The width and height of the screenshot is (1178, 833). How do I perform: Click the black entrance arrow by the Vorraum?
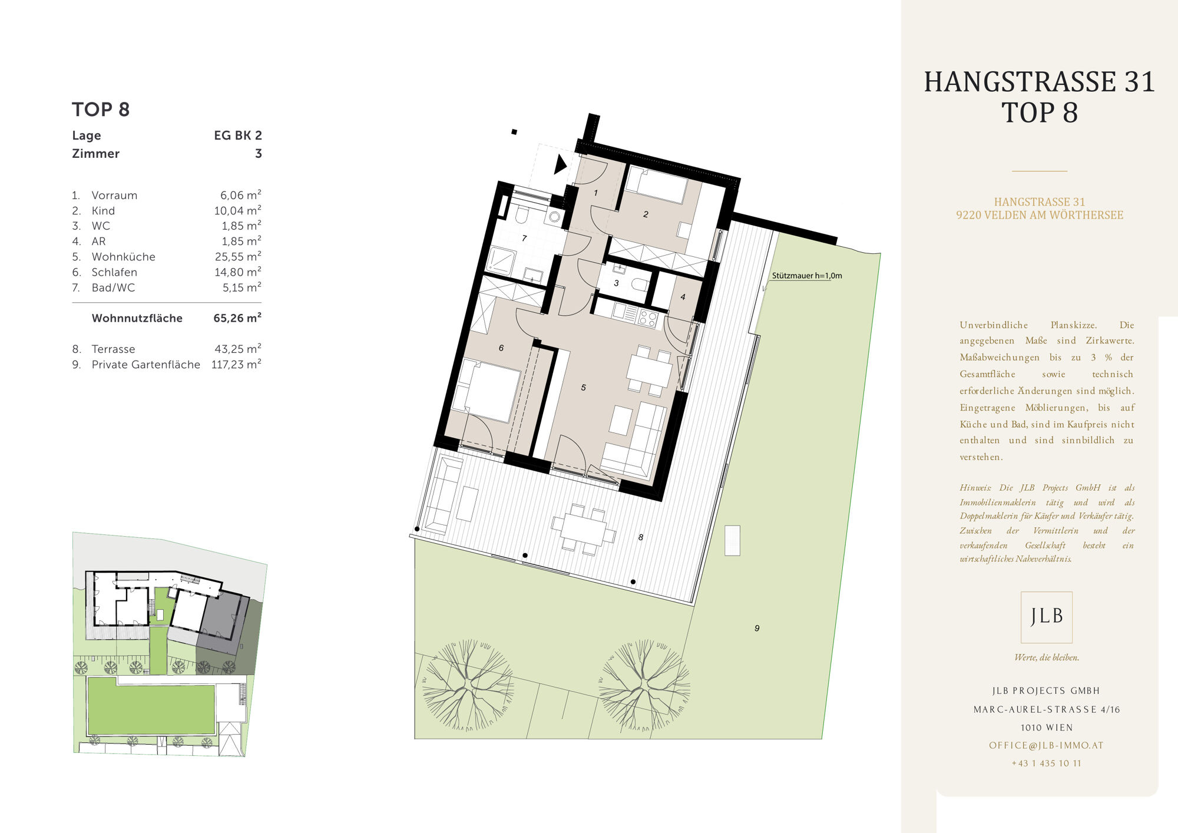[x=560, y=164]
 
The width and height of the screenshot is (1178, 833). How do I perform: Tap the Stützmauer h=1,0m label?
[x=807, y=275]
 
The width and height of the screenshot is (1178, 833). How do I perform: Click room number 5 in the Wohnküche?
[x=583, y=388]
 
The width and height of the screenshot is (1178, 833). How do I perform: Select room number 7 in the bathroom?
[x=524, y=239]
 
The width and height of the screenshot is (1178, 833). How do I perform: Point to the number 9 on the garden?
[x=757, y=629]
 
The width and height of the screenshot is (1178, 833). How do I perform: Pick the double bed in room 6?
[x=487, y=389]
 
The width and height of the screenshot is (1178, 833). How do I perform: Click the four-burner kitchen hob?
[x=647, y=319]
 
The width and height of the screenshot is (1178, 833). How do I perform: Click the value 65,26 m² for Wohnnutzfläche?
[x=237, y=318]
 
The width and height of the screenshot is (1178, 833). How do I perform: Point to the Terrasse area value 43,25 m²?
[x=238, y=349]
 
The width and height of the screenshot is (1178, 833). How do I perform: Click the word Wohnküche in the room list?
[x=124, y=257]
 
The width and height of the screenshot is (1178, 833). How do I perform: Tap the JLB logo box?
[x=1047, y=617]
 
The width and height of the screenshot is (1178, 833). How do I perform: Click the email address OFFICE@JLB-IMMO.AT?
[x=1047, y=745]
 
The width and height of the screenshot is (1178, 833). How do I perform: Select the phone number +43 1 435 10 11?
[x=1047, y=763]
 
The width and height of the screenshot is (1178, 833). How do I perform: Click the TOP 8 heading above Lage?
[x=101, y=110]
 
